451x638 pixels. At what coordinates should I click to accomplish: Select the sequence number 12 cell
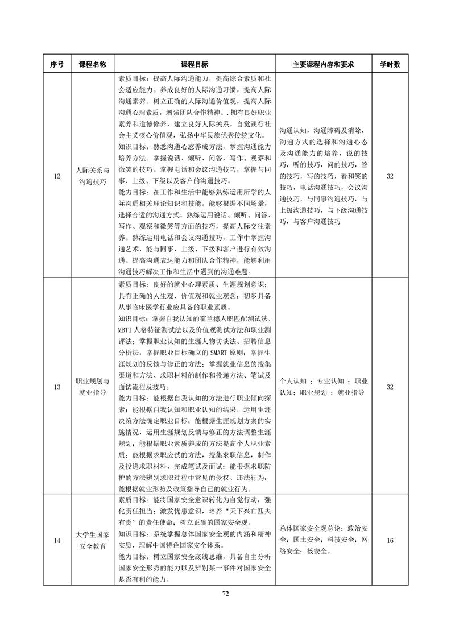coord(56,176)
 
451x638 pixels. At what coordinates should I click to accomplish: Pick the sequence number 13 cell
coord(56,387)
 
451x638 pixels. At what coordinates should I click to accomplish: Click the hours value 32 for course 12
coord(390,176)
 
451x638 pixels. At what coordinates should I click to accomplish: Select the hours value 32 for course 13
coord(390,387)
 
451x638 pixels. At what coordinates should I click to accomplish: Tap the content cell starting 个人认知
coord(323,387)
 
